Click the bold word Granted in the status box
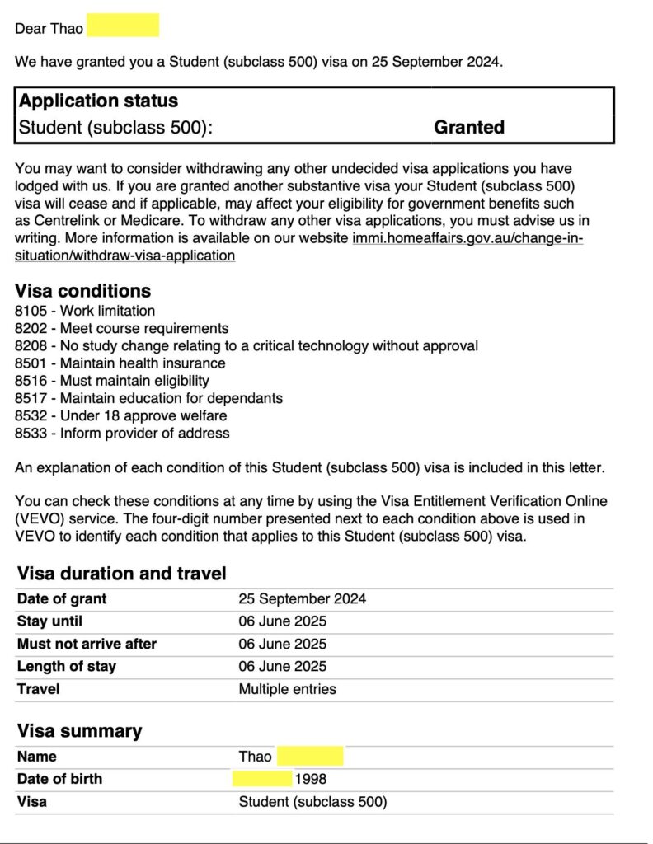pyautogui.click(x=468, y=127)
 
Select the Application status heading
pyautogui.click(x=98, y=101)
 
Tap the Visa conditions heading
pyautogui.click(x=83, y=290)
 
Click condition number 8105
pyautogui.click(x=31, y=311)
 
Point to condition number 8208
pyautogui.click(x=31, y=345)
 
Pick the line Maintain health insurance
pyautogui.click(x=143, y=363)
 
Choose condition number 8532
pyautogui.click(x=31, y=415)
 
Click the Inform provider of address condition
pyautogui.click(x=144, y=433)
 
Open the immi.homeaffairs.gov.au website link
pyautogui.click(x=467, y=238)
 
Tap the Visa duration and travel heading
pyautogui.click(x=121, y=574)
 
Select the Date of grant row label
pyautogui.click(x=62, y=599)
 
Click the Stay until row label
pyautogui.click(x=49, y=621)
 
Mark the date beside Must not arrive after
pyautogui.click(x=282, y=644)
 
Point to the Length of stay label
pyautogui.click(x=67, y=666)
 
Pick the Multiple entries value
pyautogui.click(x=287, y=688)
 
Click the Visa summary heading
pyautogui.click(x=79, y=730)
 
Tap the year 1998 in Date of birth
pyautogui.click(x=311, y=779)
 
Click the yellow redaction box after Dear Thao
pyautogui.click(x=123, y=27)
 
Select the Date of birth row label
pyautogui.click(x=59, y=779)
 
